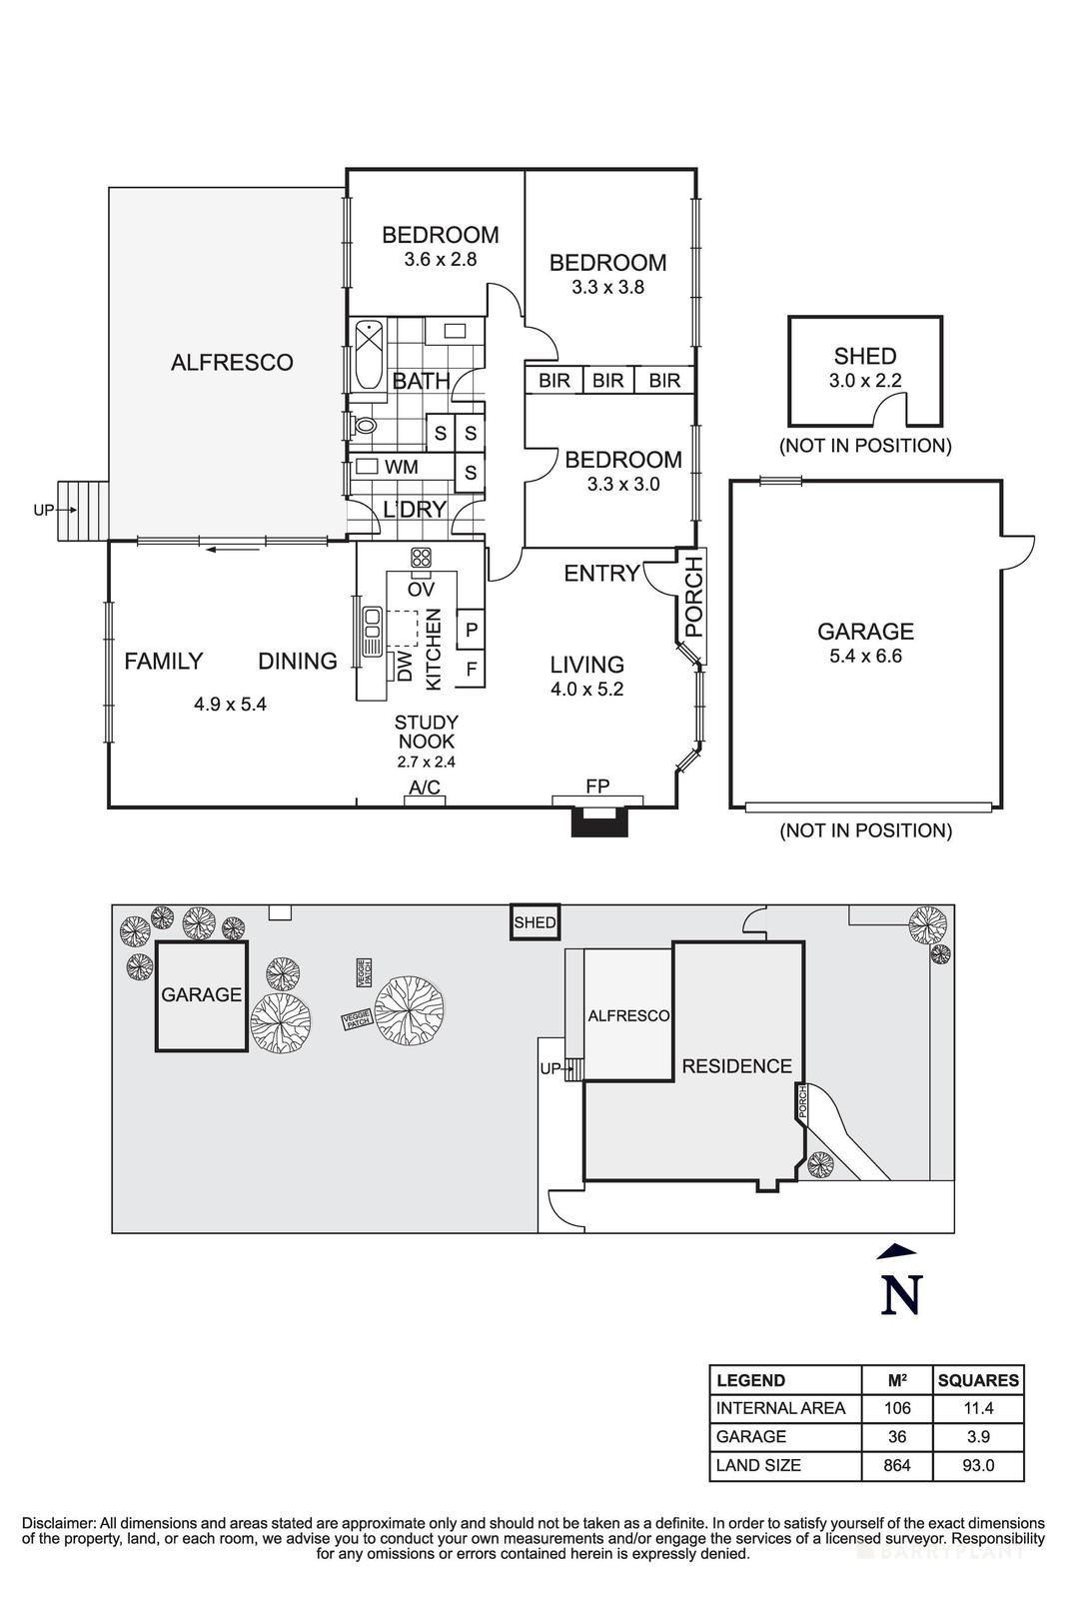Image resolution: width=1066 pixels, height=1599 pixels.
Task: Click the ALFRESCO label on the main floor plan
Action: (232, 363)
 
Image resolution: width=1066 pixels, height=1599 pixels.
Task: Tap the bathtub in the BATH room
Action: (368, 356)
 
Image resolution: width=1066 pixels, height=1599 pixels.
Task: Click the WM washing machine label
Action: (402, 467)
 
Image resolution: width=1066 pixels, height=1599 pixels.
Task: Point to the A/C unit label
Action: (425, 789)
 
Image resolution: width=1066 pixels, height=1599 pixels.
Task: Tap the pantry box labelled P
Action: (471, 630)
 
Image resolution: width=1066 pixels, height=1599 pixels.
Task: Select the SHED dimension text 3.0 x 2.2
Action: (865, 381)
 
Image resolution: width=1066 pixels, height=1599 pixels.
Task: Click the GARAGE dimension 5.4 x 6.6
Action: (865, 657)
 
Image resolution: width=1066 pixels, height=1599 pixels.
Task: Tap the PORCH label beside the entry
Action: (694, 598)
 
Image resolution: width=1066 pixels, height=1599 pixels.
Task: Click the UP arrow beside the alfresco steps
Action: (46, 510)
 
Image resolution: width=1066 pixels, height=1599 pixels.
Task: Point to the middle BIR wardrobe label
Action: (607, 381)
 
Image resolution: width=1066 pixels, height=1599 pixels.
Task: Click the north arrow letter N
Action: (900, 1295)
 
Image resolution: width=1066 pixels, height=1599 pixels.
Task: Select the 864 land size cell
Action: (896, 1465)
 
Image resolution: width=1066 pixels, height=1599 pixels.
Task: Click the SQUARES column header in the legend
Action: (977, 1380)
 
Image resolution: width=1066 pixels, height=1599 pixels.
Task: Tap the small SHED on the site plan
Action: (534, 923)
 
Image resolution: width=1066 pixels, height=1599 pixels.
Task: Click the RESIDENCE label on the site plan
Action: (736, 1066)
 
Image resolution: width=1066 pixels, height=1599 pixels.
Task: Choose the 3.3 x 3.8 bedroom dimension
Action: (607, 288)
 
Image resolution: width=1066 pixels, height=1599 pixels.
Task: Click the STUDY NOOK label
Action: (427, 732)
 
